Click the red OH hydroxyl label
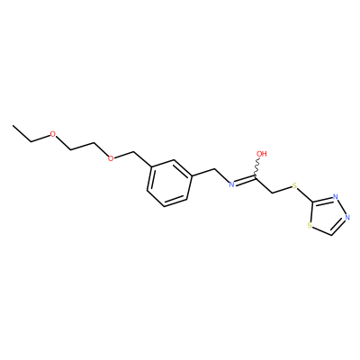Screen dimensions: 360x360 [262, 154]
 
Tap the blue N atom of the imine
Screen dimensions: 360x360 [231, 184]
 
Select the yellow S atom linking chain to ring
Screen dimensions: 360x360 [294, 186]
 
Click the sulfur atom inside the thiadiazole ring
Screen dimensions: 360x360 [310, 226]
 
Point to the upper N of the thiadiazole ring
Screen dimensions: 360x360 [336, 197]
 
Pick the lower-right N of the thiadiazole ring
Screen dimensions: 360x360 [347, 217]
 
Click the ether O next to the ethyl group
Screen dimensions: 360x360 [53, 134]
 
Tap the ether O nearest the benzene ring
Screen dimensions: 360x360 [111, 158]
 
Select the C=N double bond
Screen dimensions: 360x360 [246, 181]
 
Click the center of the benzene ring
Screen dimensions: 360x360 [169, 183]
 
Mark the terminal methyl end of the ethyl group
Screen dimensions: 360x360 [13, 125]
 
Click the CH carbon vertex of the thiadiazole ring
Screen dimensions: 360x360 [331, 235]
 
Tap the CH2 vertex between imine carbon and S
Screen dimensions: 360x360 [273, 193]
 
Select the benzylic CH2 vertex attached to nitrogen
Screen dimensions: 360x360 [215, 169]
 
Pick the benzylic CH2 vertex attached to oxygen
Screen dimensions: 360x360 [133, 152]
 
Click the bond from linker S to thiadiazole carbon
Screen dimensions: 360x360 [306, 194]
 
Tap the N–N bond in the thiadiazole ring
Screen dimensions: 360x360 [342, 207]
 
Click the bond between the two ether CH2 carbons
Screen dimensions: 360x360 [83, 146]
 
